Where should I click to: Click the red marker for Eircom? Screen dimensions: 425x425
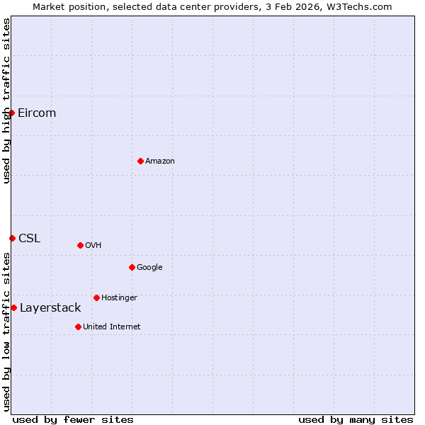[11, 113]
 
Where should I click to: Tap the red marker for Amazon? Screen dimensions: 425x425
[140, 161]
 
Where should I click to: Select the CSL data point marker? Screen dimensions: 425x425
[12, 238]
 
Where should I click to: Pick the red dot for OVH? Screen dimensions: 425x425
[80, 245]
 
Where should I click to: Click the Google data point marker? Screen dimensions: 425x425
[132, 267]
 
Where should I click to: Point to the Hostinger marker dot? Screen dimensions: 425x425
[96, 297]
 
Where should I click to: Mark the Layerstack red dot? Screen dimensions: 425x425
[13, 307]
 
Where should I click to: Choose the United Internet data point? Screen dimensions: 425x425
[78, 327]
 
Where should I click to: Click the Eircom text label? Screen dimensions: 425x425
[37, 113]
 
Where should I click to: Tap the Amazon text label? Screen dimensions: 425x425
[160, 161]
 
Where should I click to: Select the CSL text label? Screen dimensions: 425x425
[29, 238]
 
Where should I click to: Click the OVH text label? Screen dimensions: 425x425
[93, 246]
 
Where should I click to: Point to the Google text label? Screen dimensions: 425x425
[149, 268]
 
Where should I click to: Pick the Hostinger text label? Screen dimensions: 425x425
[119, 298]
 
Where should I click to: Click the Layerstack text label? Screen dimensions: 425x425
[50, 308]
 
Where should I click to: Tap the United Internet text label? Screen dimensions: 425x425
[111, 327]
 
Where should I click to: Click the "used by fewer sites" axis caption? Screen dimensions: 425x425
[73, 419]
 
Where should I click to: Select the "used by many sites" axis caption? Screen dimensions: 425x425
[356, 419]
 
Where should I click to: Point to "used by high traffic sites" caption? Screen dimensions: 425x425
[7, 101]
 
